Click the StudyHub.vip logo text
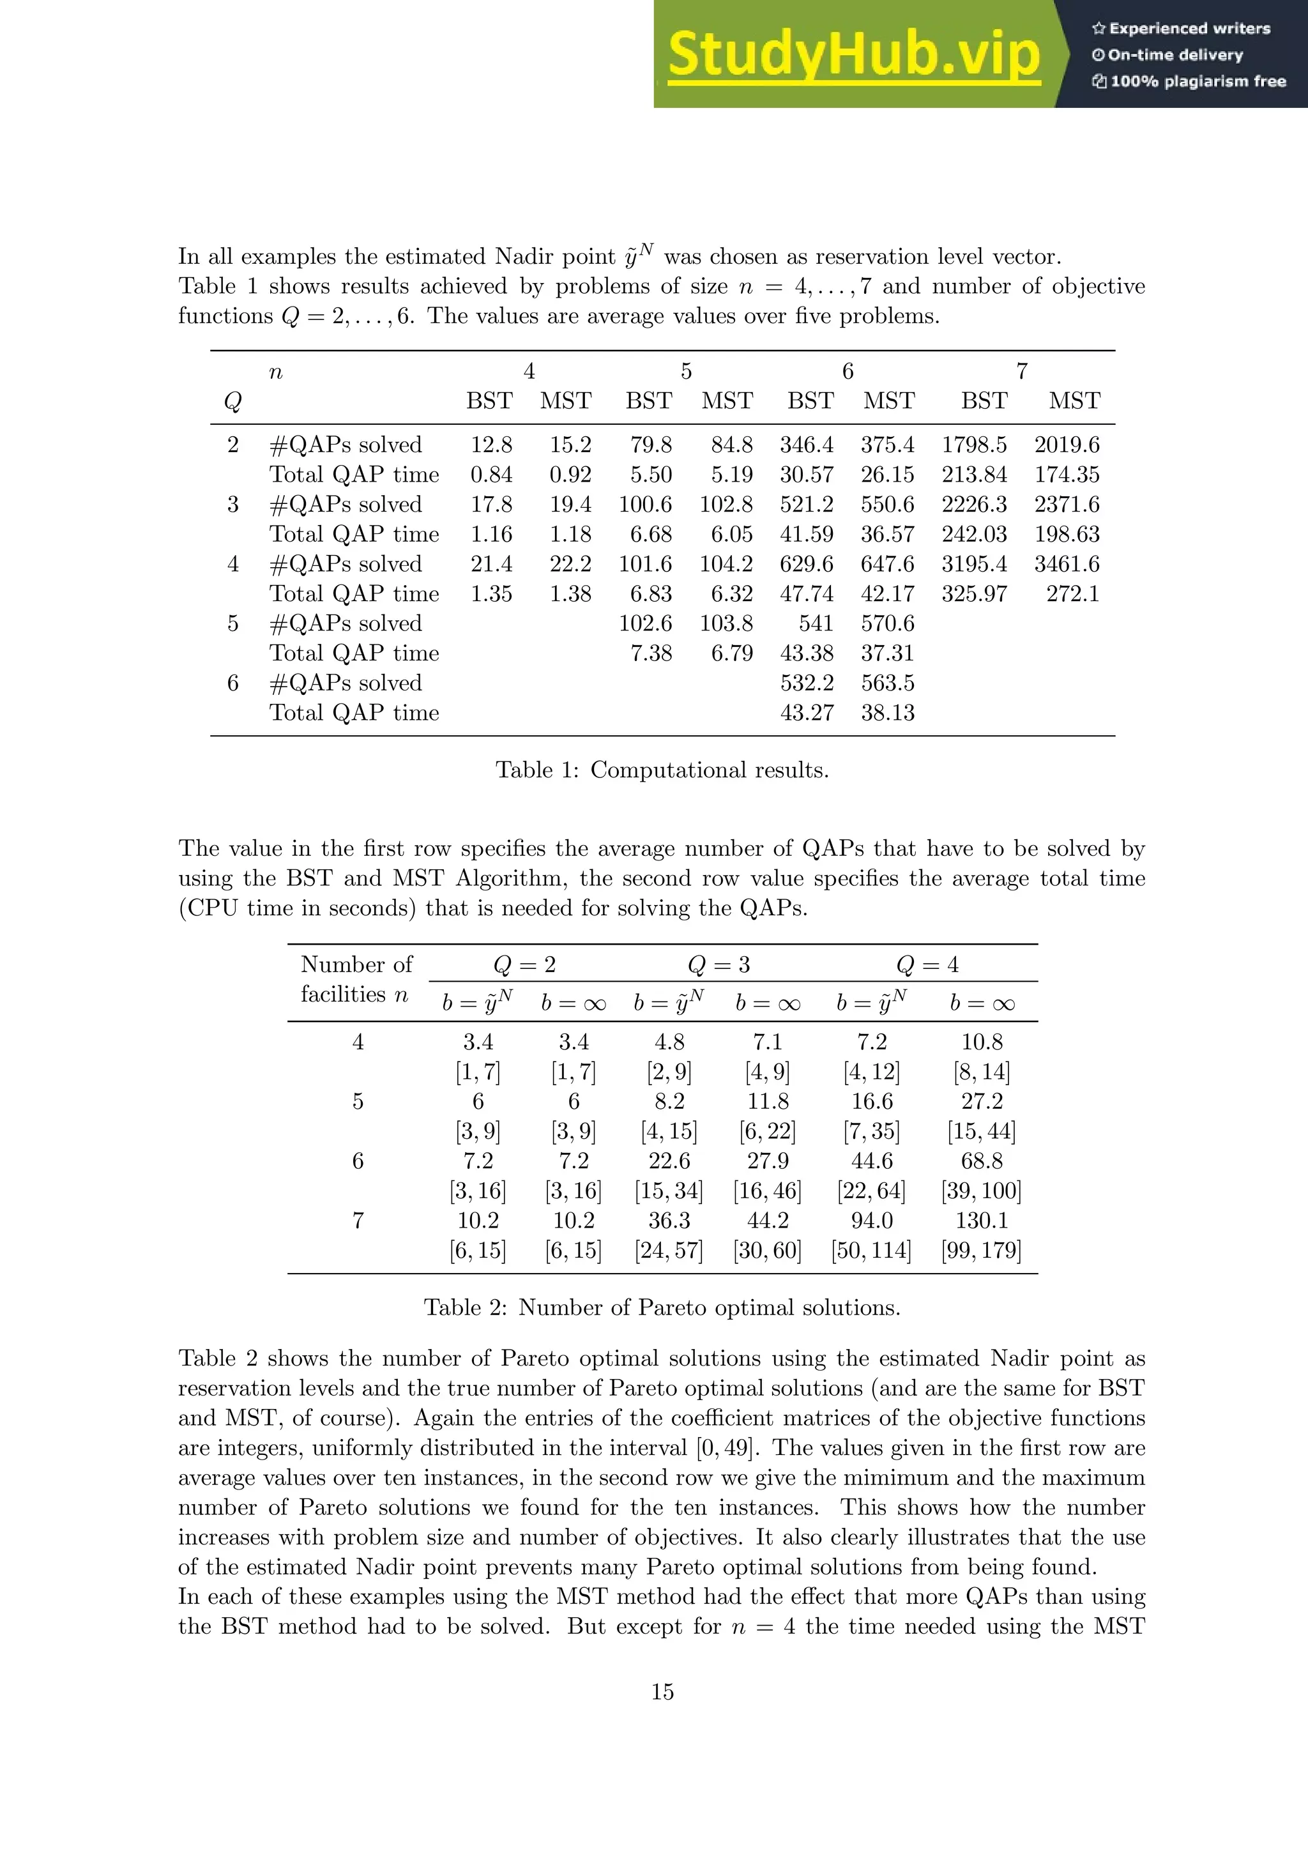click(853, 55)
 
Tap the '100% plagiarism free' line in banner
click(1190, 81)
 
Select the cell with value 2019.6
click(1066, 445)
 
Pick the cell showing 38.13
click(887, 713)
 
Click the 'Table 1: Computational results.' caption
click(662, 770)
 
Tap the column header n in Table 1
click(276, 372)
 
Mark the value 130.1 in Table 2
click(981, 1221)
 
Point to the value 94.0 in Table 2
click(871, 1221)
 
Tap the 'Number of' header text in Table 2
click(356, 965)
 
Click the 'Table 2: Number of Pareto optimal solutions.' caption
click(662, 1307)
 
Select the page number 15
click(662, 1691)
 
